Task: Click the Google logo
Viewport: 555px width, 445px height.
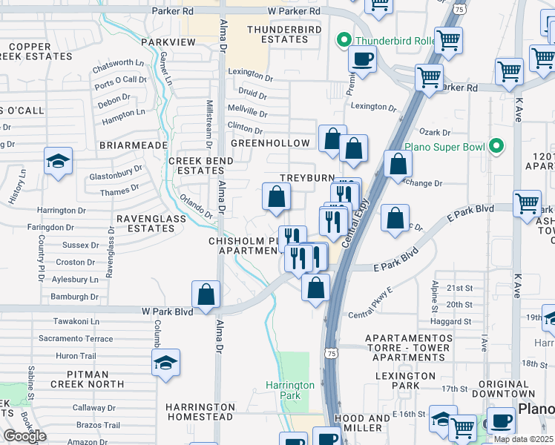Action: pos(24,436)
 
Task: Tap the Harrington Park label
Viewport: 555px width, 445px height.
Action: pos(291,390)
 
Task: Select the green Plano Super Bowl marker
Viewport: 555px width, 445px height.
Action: pos(496,145)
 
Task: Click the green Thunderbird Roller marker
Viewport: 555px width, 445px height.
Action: pos(343,40)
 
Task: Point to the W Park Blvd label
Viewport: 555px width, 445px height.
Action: pos(168,312)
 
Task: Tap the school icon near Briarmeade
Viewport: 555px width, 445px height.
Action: pos(58,162)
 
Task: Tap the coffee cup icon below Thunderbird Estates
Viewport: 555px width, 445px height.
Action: pos(361,59)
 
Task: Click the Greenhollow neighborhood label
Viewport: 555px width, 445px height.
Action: pos(270,142)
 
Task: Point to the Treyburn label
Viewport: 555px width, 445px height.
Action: pos(304,179)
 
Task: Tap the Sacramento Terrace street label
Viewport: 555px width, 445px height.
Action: pos(76,338)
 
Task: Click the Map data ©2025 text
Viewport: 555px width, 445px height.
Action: pos(524,439)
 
